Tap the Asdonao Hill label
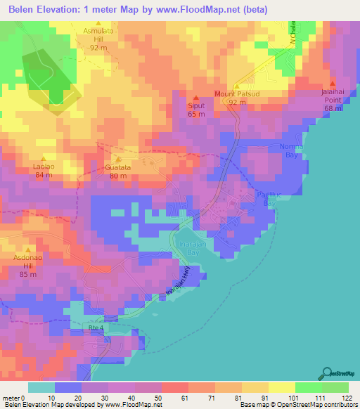tap(29, 261)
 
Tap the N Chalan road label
tap(293, 32)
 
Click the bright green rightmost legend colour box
tap(335, 387)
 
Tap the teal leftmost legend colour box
tap(41, 387)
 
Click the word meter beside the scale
tap(11, 397)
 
